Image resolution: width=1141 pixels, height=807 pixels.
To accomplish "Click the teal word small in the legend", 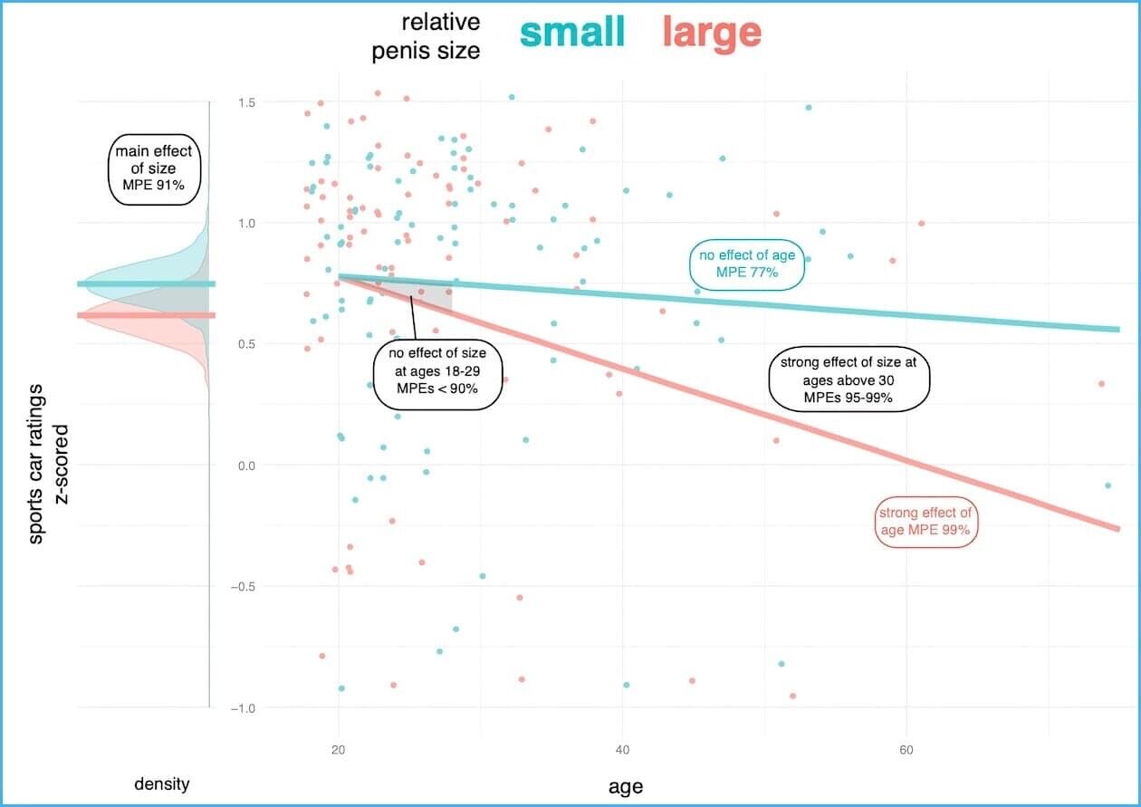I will (x=572, y=33).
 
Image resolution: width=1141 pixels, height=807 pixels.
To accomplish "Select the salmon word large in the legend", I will (x=711, y=33).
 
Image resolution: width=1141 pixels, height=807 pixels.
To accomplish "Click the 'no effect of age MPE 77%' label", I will (x=746, y=264).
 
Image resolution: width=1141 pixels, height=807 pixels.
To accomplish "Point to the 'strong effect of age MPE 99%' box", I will (x=928, y=522).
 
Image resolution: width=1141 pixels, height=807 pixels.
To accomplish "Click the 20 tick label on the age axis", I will (x=339, y=750).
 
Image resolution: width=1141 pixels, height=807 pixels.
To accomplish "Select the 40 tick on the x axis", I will (x=622, y=750).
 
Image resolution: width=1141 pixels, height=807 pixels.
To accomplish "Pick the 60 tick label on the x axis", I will (x=906, y=750).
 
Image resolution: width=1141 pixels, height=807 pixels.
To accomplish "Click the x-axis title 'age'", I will (x=625, y=786).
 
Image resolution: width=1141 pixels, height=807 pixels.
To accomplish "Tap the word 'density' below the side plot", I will (x=162, y=783).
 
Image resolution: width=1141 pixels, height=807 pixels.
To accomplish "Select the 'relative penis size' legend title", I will (x=427, y=36).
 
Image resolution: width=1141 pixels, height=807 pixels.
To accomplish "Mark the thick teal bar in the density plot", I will (x=146, y=284).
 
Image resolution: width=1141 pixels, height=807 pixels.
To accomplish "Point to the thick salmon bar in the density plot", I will (x=146, y=315).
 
